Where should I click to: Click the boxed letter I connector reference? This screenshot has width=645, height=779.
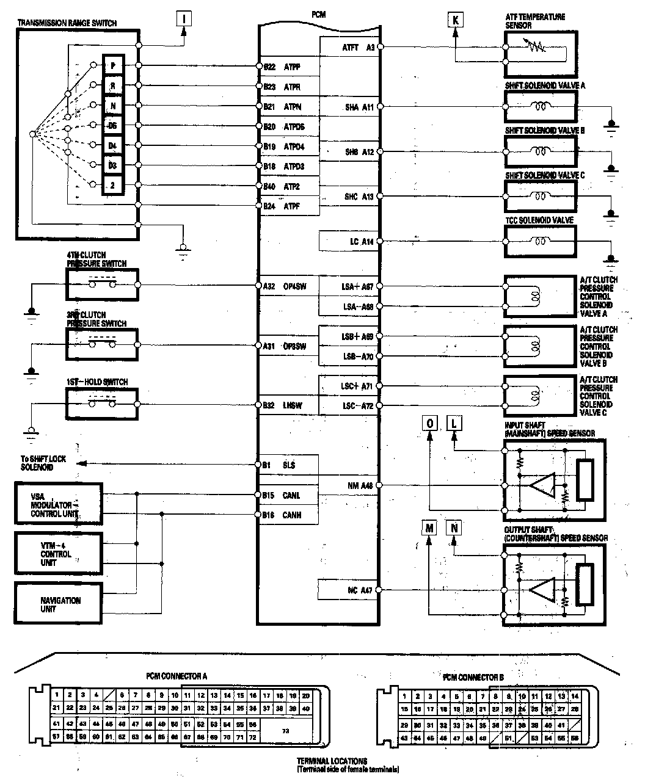point(184,19)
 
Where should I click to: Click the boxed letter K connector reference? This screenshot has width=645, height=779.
point(455,20)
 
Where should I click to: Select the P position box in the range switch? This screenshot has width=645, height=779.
point(114,66)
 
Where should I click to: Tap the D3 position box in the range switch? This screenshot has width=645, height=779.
point(113,165)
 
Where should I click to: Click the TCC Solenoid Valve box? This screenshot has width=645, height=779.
point(541,241)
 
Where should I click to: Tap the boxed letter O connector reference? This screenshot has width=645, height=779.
point(429,423)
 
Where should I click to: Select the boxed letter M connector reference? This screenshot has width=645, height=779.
point(429,527)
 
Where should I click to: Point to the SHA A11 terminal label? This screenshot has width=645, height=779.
point(359,107)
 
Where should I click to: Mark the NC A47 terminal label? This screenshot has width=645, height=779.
point(359,590)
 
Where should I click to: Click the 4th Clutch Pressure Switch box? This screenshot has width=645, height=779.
point(102,284)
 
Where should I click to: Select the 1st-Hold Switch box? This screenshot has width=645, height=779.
point(102,404)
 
